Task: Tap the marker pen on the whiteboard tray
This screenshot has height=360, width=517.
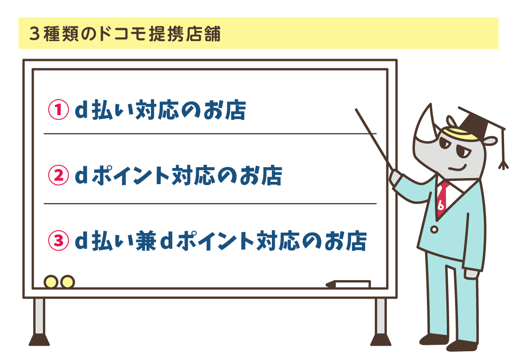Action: click(x=349, y=284)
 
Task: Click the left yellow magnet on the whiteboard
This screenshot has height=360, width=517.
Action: click(x=51, y=282)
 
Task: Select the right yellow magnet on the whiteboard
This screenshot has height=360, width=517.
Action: click(x=67, y=282)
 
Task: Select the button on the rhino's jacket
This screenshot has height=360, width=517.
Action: click(x=434, y=229)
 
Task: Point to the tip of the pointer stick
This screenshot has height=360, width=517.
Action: click(x=357, y=110)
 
